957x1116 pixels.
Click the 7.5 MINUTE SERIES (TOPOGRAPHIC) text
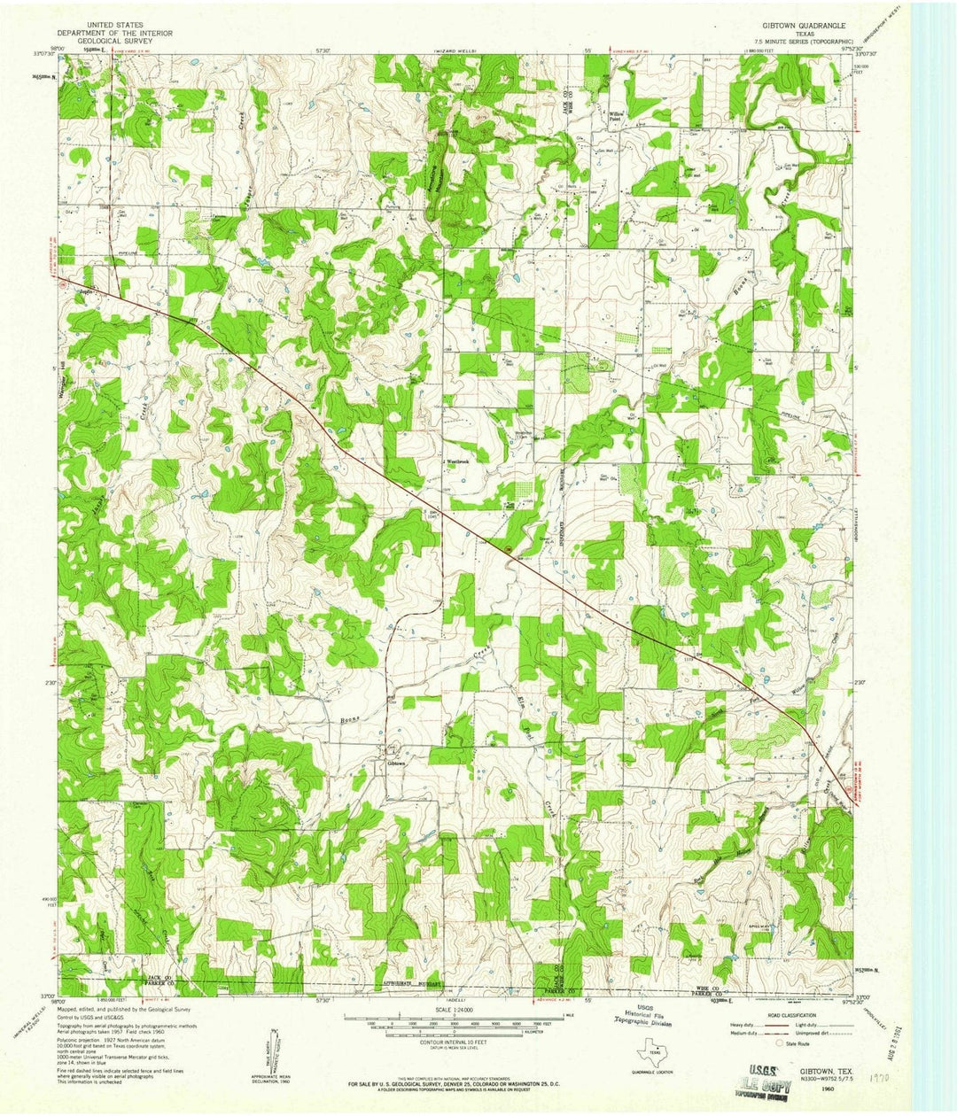click(x=803, y=41)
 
